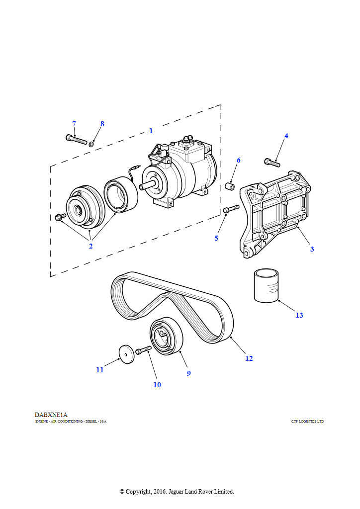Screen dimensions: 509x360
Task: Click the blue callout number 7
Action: (x=74, y=124)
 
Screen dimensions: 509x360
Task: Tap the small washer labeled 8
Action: (x=91, y=144)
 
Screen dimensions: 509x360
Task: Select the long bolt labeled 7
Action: (x=76, y=139)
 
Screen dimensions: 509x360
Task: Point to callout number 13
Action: (x=299, y=315)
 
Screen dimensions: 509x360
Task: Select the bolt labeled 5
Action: (x=231, y=209)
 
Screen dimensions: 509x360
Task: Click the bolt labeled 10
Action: (x=143, y=350)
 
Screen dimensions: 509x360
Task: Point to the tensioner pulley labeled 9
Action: (x=166, y=337)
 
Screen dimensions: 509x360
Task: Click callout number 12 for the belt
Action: (x=249, y=358)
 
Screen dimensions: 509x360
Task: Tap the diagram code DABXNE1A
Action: (x=51, y=415)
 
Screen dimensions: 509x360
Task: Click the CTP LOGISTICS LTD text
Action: (x=307, y=422)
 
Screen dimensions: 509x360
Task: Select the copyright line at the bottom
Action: (x=177, y=492)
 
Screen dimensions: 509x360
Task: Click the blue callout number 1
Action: (x=151, y=131)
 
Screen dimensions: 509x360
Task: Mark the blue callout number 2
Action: (x=90, y=246)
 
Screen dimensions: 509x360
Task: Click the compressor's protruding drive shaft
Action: (x=148, y=186)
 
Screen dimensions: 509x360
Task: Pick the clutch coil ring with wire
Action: (x=121, y=194)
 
